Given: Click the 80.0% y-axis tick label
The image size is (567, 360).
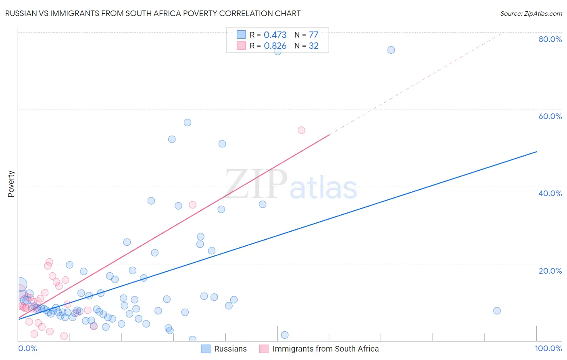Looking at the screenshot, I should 550,39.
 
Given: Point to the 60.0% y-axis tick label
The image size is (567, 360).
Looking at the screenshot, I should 550,116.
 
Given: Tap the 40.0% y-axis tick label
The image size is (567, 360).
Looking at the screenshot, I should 550,193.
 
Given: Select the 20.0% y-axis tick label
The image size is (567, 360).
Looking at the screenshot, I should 550,271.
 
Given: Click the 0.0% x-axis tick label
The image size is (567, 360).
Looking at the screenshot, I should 27,348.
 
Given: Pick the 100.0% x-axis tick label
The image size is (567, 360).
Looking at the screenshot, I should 548,348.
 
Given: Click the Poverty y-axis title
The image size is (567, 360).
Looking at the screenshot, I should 11,184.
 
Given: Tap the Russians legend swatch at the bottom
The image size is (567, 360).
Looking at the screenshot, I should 206,349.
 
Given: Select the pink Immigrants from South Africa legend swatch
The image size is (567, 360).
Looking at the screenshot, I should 264,349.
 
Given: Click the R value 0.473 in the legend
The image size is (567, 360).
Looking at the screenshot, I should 275,35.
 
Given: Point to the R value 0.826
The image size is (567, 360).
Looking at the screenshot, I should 275,46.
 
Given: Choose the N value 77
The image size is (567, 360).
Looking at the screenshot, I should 313,35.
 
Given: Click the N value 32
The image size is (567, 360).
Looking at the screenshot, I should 313,46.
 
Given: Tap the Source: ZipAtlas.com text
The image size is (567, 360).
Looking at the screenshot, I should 531,13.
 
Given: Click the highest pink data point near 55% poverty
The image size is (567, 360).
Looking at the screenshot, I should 301,130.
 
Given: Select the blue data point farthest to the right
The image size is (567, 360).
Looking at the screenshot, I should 497,311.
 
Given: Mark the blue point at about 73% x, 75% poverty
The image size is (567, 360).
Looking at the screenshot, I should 391,50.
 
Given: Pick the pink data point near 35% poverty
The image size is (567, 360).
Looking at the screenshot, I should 192,205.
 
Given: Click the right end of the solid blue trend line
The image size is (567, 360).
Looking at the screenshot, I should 536,151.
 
